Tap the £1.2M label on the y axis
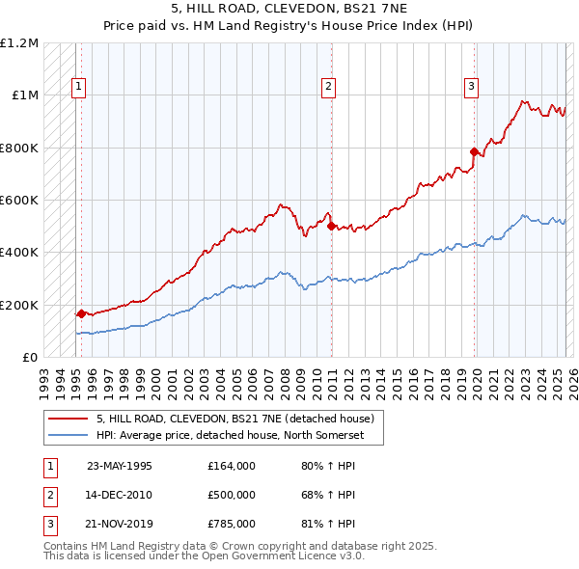coord(19,43)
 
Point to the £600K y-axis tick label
coord(19,201)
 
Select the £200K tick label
coord(19,305)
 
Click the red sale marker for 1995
coord(82,313)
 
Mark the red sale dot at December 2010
coord(331,226)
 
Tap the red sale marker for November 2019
coord(474,151)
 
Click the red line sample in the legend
coord(68,419)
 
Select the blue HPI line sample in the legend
coord(68,435)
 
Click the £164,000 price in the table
coord(231,466)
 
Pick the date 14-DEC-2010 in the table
coord(120,495)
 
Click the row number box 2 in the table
coord(47,495)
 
